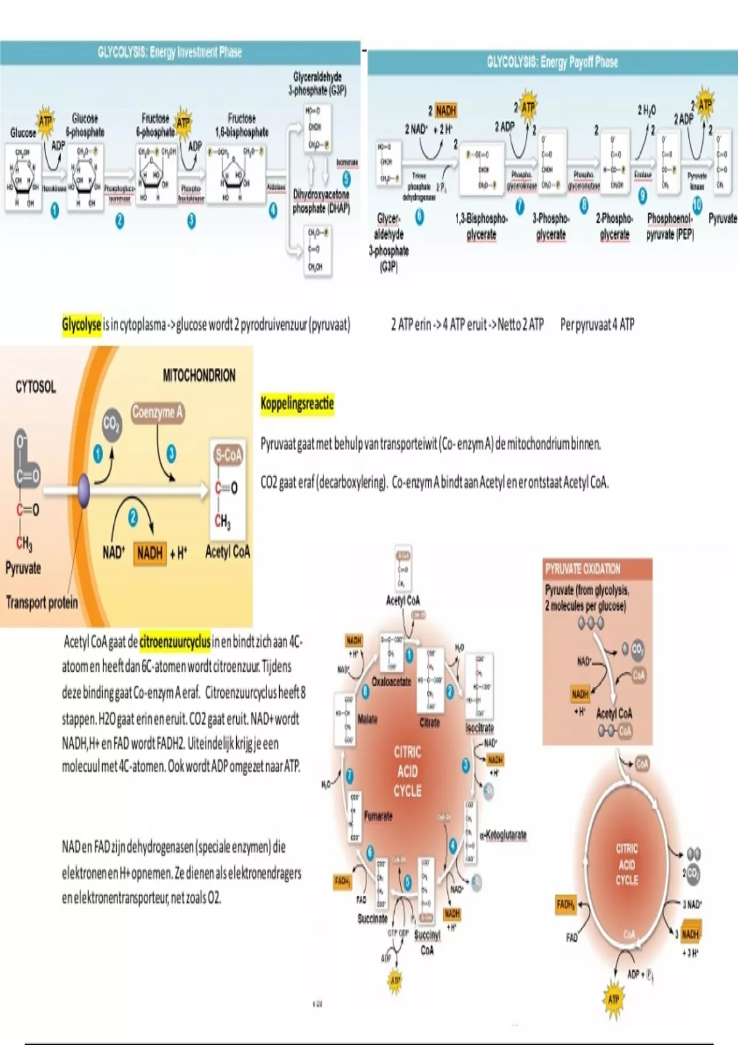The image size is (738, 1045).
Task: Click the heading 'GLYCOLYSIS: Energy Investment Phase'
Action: [170, 52]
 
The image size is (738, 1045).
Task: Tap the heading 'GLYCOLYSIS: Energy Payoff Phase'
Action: [552, 62]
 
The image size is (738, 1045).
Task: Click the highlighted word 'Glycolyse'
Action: [81, 324]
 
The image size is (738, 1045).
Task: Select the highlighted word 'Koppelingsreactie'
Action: [297, 404]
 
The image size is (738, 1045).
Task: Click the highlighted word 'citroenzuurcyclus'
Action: [175, 642]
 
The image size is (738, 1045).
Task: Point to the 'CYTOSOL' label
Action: [36, 387]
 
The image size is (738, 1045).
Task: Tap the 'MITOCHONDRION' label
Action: [199, 376]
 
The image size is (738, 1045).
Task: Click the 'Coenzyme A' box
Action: [157, 412]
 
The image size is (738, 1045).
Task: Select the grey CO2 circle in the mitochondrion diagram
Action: [111, 425]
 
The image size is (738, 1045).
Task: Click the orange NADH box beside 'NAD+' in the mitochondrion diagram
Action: [150, 553]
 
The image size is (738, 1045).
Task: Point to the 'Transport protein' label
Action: [42, 602]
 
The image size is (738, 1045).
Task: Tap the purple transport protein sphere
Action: [84, 491]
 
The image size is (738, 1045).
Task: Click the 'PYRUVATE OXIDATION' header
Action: [582, 569]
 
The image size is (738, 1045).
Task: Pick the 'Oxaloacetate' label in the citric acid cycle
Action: [391, 682]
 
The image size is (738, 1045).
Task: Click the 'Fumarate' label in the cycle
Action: [378, 816]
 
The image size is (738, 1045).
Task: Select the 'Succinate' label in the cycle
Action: [373, 918]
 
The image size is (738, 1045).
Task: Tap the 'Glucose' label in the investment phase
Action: [23, 133]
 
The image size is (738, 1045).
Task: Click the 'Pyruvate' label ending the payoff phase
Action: [722, 218]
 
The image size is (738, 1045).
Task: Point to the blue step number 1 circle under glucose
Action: [55, 210]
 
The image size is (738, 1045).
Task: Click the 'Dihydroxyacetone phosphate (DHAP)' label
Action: [321, 202]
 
